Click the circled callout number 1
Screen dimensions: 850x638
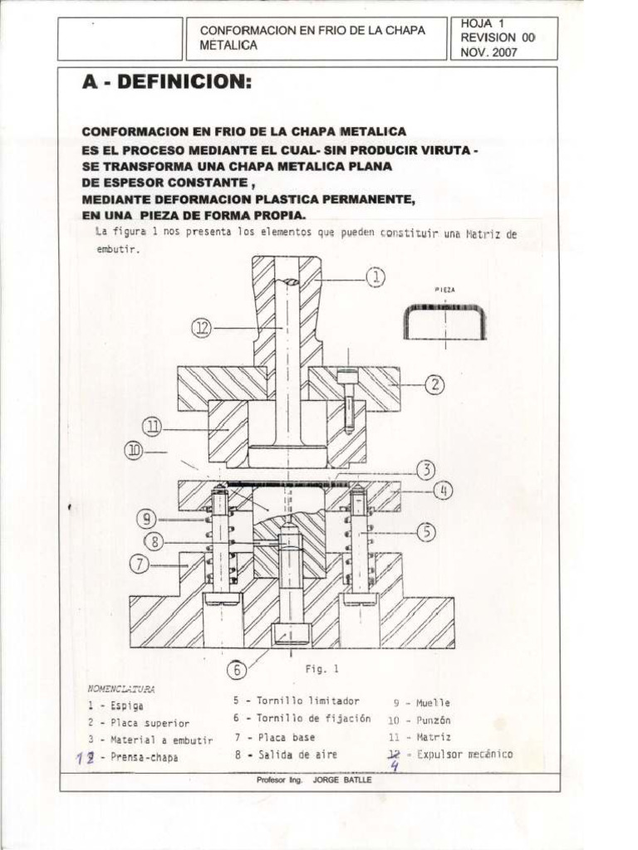pos(375,278)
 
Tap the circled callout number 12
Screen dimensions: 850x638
pos(202,328)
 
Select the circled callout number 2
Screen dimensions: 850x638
pos(434,384)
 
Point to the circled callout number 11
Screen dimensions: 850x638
pos(152,427)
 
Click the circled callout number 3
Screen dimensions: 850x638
pos(425,470)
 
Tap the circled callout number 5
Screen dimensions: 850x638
pos(426,532)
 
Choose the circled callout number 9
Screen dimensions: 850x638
pos(147,520)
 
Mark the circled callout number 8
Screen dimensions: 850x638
pos(155,542)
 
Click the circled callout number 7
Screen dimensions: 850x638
pos(140,564)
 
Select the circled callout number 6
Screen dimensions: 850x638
pos(237,668)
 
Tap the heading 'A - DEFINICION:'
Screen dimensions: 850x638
pos(166,83)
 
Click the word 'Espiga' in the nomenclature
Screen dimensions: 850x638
pos(127,706)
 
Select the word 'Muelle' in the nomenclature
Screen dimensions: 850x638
pos(433,702)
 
